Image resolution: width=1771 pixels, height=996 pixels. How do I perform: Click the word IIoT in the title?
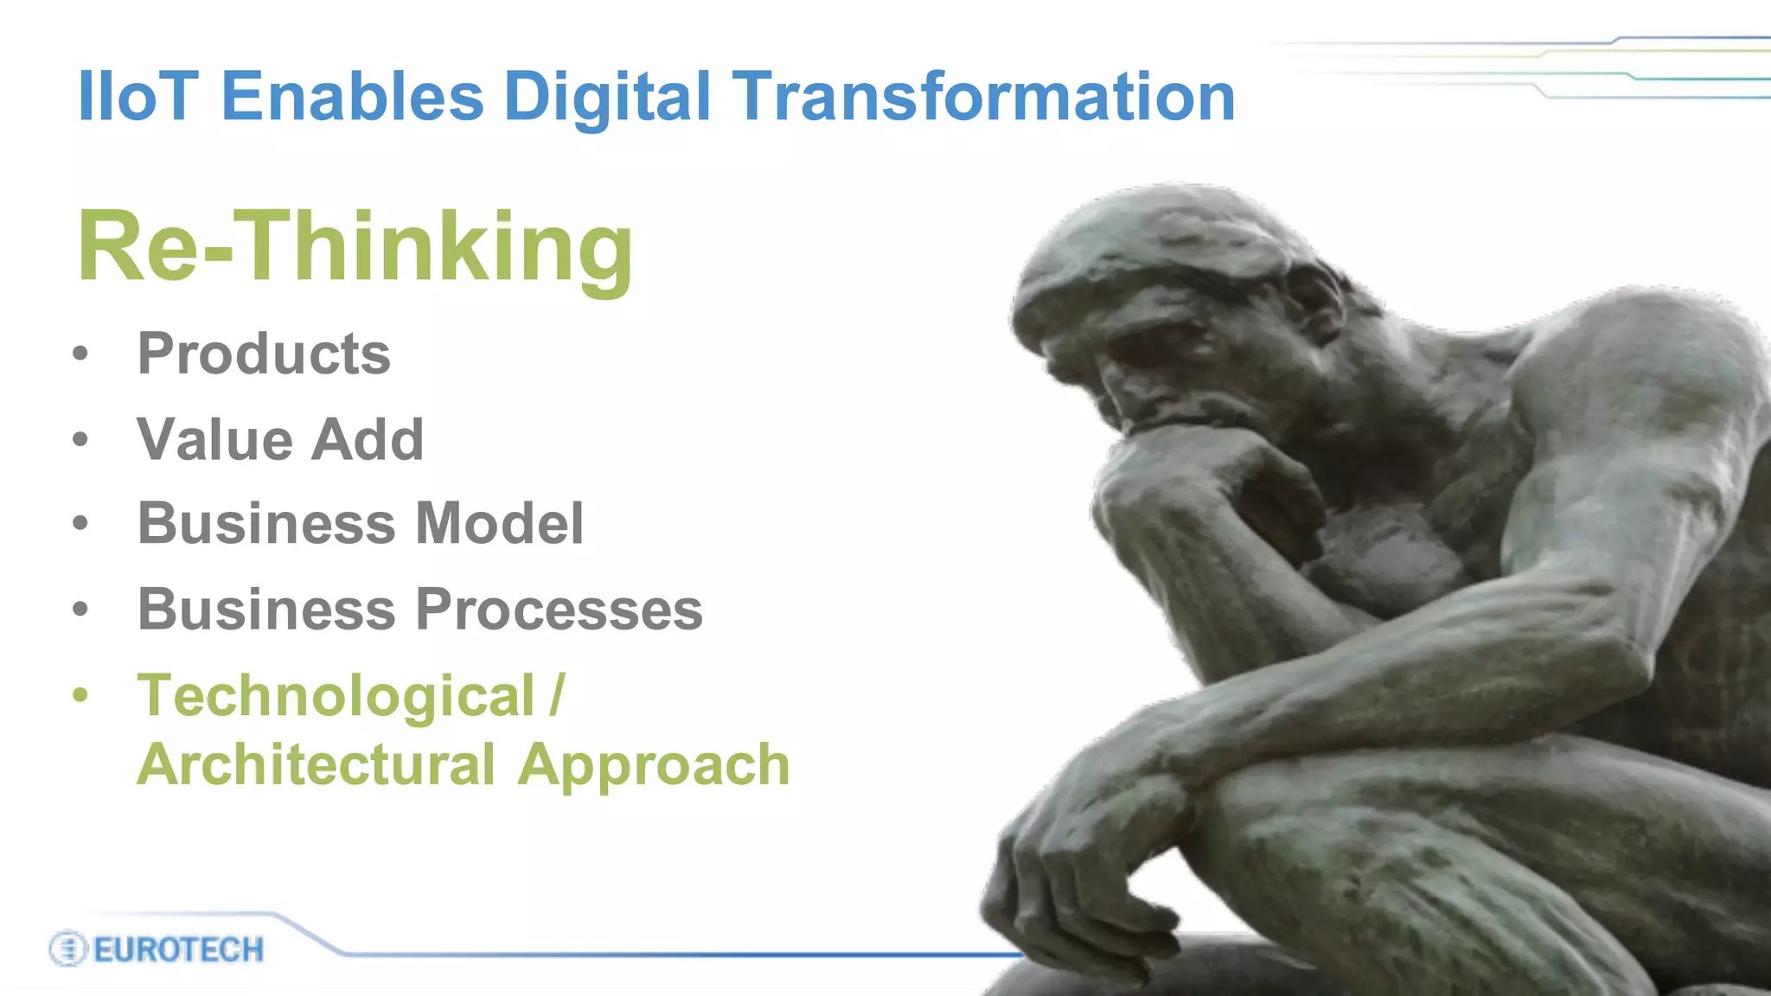tap(138, 96)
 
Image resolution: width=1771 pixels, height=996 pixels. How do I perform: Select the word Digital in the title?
tap(607, 96)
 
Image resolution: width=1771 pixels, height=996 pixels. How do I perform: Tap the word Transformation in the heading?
tap(984, 96)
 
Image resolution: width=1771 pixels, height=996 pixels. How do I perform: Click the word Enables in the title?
tap(353, 96)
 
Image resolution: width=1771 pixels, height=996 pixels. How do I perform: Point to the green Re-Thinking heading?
tap(355, 248)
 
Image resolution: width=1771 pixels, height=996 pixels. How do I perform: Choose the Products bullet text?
tap(264, 354)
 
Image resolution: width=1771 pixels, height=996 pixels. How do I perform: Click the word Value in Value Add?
tap(215, 439)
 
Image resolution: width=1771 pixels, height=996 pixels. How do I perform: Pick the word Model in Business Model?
tap(499, 523)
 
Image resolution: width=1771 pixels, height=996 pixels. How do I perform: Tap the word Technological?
tap(336, 695)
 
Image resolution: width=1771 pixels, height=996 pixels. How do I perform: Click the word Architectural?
tap(316, 764)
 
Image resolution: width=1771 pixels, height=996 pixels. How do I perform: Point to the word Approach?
tap(654, 766)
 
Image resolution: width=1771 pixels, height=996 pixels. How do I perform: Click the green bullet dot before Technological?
tap(80, 695)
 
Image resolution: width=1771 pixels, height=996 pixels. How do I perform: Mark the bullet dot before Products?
tap(80, 354)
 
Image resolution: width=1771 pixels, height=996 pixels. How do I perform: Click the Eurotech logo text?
tap(178, 949)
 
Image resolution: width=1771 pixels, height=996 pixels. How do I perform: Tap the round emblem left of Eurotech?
tap(67, 949)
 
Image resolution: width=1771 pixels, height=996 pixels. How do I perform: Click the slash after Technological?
tap(557, 695)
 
